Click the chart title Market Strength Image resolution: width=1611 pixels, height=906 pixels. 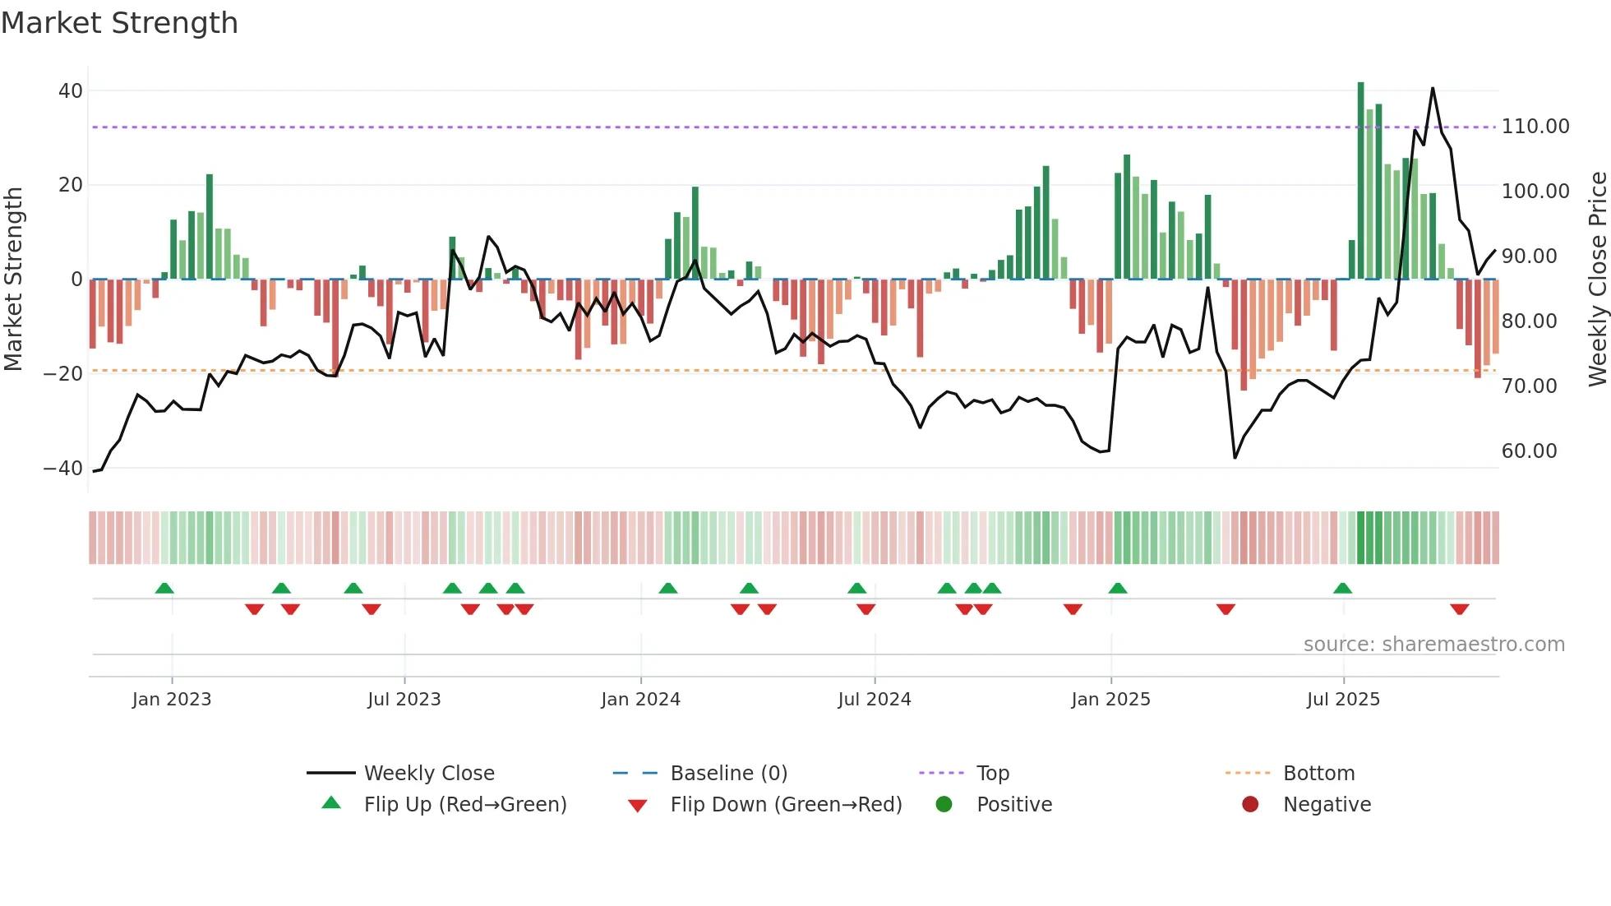tap(119, 23)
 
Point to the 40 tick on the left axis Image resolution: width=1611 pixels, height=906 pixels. tap(71, 91)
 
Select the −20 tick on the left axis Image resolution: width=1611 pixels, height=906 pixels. tap(63, 374)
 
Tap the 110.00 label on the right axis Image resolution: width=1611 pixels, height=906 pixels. tap(1535, 127)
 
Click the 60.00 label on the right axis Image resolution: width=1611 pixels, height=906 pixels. tap(1529, 451)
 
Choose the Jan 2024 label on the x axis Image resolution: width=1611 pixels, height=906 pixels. tap(640, 700)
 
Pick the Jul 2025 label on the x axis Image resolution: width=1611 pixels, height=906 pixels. tap(1343, 700)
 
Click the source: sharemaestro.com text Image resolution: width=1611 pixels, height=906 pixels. tap(1433, 645)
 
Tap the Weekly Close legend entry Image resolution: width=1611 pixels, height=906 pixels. tap(428, 774)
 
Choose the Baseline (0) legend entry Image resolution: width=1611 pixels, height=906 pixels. tap(728, 774)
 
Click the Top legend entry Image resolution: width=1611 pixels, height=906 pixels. tap(992, 774)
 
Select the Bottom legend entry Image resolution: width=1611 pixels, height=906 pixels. tap(1318, 774)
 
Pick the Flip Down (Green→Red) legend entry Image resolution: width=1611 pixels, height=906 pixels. tap(785, 805)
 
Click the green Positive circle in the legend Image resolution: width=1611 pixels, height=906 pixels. tap(944, 805)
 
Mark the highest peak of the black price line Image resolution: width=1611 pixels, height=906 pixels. tap(1433, 88)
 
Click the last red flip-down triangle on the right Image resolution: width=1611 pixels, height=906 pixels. tap(1460, 609)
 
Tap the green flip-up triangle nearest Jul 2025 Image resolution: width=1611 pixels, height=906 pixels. tap(1342, 588)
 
